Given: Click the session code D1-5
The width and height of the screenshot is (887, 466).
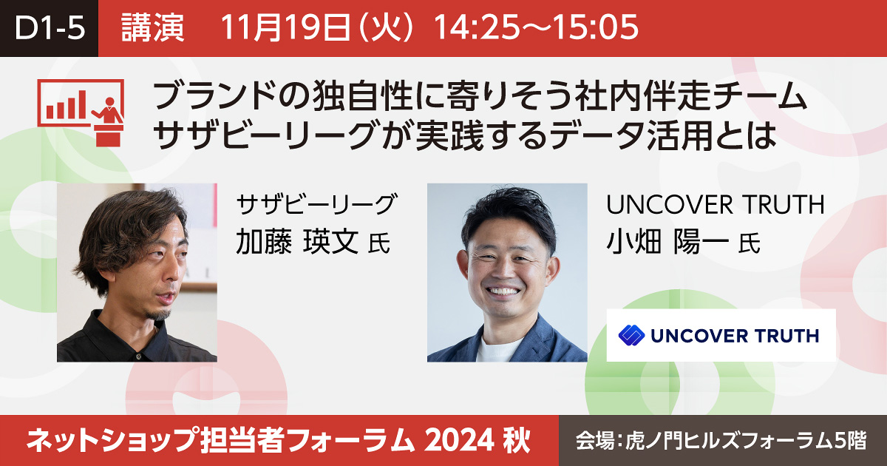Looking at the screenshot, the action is tap(50, 28).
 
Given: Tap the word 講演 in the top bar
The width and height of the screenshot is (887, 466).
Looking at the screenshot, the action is tap(152, 28).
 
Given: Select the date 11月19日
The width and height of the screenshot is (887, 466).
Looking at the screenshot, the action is tap(285, 28).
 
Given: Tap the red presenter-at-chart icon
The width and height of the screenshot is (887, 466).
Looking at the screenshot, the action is tap(81, 112).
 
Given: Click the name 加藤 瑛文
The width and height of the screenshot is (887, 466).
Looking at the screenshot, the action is tap(297, 242).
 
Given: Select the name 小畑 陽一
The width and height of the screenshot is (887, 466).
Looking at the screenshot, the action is tap(667, 242).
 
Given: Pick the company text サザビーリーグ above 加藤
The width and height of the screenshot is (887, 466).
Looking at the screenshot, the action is tap(316, 204).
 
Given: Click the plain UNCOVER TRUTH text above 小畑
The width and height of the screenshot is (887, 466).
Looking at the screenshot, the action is tap(716, 204).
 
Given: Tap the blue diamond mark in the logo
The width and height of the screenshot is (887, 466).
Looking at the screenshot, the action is tap(631, 335).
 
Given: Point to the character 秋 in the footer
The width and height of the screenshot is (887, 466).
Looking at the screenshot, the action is tap(517, 441).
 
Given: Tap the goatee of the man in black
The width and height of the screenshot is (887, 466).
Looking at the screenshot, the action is tap(159, 314).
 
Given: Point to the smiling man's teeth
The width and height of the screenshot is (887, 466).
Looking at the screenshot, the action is tap(503, 292).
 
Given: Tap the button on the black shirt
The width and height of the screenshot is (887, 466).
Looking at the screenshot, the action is tap(138, 357).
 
